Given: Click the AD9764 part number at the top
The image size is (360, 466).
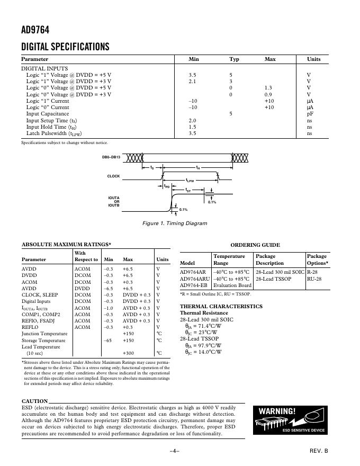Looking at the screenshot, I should point(35,31).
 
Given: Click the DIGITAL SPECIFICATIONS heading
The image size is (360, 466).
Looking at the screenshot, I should point(65,47).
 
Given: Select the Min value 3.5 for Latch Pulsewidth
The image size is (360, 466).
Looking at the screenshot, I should point(193,133).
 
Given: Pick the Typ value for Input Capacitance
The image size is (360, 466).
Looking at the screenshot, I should point(231,114).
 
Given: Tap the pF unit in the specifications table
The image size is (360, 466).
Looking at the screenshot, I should point(310,114).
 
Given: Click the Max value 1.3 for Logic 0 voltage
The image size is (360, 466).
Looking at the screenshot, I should point(268,88).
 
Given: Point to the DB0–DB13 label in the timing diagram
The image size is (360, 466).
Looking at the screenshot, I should point(111,158).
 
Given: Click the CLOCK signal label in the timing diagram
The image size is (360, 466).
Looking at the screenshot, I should point(114,176).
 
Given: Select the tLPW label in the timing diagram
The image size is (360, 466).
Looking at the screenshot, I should point(190,181).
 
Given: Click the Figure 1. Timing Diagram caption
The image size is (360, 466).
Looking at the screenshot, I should point(175,223).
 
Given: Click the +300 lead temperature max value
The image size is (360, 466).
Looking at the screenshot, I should point(128,353).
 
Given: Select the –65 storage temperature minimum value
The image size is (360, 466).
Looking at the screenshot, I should point(107,340).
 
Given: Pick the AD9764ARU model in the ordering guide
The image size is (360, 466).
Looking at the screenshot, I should point(195,279).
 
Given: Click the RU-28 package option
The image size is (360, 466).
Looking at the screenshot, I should point(314,279).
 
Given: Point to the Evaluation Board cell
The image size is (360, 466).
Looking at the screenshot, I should point(232,285).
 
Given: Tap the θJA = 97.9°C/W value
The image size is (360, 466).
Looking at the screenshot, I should point(203,345).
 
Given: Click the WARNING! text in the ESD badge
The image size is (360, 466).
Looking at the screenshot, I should point(277,411).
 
